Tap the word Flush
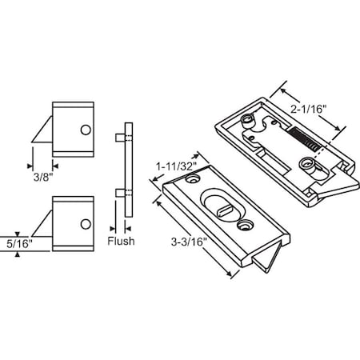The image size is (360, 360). tap(120, 240)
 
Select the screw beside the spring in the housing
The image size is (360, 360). tap(308, 165)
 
